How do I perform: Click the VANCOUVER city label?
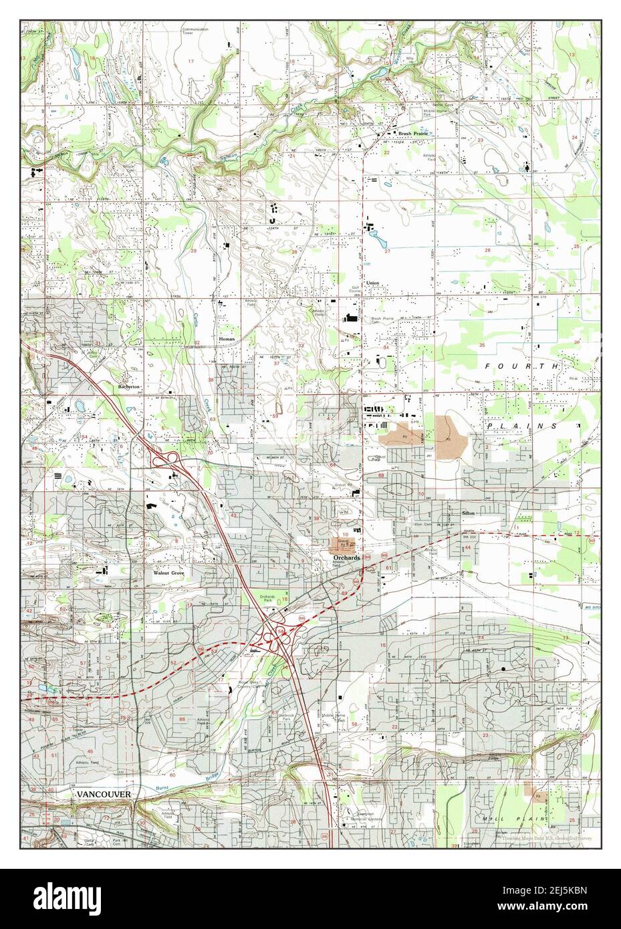pyautogui.click(x=102, y=793)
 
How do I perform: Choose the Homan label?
pyautogui.click(x=227, y=340)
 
